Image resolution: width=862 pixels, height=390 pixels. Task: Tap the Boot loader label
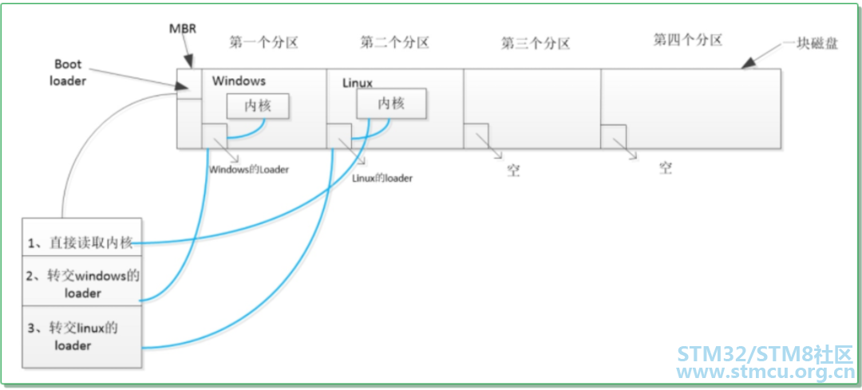tap(68, 73)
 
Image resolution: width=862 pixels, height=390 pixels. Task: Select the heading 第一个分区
tap(263, 43)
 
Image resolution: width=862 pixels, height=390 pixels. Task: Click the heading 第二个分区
tap(395, 43)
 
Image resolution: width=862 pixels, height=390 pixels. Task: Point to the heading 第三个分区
tap(536, 43)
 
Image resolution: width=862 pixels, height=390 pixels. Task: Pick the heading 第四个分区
tap(688, 40)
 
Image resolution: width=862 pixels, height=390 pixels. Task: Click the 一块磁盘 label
tap(812, 45)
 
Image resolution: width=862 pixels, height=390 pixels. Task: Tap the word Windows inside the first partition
tap(239, 81)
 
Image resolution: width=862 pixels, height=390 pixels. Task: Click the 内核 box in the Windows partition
tap(259, 105)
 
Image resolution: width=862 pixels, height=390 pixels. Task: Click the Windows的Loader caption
tap(249, 170)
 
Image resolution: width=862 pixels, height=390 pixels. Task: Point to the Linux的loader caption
tap(382, 178)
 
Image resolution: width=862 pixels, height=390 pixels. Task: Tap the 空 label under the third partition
tap(513, 171)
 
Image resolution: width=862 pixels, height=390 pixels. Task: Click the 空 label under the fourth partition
tap(666, 167)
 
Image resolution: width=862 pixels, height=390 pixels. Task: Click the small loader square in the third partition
tap(476, 136)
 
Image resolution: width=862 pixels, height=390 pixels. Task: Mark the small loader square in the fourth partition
tap(613, 136)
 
